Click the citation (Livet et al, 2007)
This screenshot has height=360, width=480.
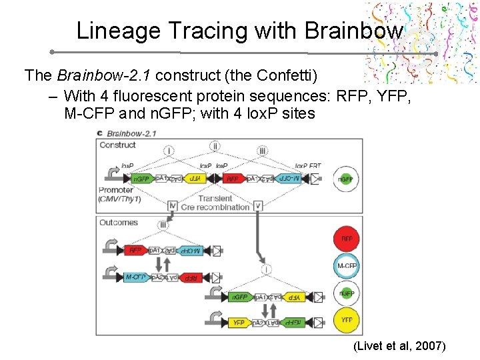[x=400, y=347]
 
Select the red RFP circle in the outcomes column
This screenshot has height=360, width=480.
[x=347, y=239]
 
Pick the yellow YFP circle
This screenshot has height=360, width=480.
[x=347, y=321]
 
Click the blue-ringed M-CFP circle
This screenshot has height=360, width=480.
[x=347, y=266]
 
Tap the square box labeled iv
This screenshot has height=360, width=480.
[x=173, y=206]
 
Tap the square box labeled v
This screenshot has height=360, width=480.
[x=258, y=206]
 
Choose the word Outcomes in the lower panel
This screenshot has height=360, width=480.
[x=119, y=223]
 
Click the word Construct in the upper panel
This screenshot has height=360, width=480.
[x=117, y=145]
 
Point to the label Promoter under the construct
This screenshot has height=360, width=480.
[x=116, y=191]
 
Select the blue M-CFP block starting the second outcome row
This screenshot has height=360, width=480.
[x=136, y=277]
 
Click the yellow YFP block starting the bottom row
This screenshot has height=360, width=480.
[x=238, y=323]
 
